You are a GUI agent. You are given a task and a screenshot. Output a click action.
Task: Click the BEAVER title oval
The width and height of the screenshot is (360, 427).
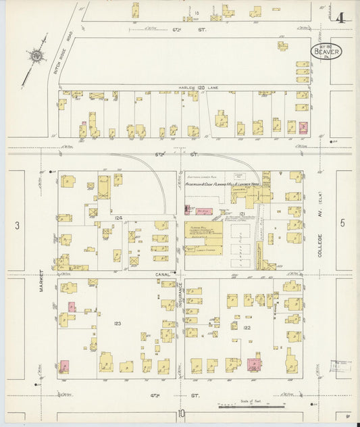coord(326,51)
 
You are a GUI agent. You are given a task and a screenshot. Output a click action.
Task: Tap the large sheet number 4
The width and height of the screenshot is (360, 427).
coord(339,18)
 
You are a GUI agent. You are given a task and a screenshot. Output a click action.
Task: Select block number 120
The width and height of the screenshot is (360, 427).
coord(200,88)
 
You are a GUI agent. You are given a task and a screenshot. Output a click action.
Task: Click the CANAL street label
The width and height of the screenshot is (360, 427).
coord(167,274)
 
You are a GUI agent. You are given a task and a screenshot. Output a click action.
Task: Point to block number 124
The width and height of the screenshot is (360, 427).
coord(118,218)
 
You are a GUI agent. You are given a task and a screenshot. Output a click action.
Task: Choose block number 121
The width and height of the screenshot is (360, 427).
coord(240,214)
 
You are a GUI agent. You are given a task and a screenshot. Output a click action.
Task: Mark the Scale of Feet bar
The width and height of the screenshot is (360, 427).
coord(251,406)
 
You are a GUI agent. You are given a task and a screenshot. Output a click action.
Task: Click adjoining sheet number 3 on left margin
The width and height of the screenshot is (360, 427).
coord(19,224)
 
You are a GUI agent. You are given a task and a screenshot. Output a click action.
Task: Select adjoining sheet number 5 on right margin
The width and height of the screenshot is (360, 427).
coord(342,222)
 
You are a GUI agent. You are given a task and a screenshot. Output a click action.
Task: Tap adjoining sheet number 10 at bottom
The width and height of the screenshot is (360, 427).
coord(181,414)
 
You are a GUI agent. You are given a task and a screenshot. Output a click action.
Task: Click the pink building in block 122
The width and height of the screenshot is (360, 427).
coord(255,365)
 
